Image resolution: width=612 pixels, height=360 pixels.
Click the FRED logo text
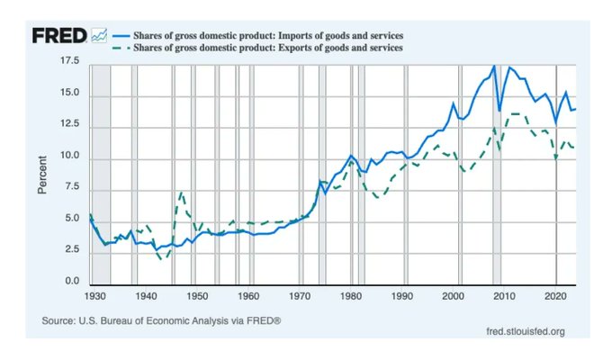click(60, 35)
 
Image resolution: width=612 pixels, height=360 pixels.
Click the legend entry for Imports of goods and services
click(262, 34)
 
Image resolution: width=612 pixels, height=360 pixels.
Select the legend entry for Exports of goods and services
click(261, 46)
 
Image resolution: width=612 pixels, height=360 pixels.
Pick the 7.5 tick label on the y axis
click(71, 188)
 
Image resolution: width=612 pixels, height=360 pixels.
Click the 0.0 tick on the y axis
click(71, 283)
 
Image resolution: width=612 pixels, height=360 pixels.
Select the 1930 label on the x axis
click(95, 295)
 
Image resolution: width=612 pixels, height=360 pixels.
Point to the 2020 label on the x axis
click(556, 295)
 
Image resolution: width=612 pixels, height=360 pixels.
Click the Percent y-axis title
click(42, 173)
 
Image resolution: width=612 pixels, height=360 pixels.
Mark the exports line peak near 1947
click(182, 192)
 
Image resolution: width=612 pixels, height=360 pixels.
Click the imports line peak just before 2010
click(494, 66)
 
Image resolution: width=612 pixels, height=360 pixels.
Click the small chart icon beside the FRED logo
click(99, 35)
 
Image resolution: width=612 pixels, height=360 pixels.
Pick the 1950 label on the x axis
click(198, 295)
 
